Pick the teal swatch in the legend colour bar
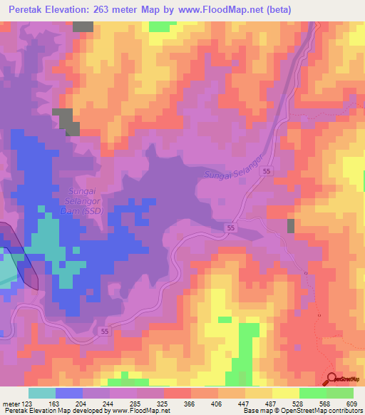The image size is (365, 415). coord(41,393)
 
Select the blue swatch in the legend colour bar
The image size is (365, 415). coord(68,393)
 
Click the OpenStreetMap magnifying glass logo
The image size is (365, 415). coord(332,380)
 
